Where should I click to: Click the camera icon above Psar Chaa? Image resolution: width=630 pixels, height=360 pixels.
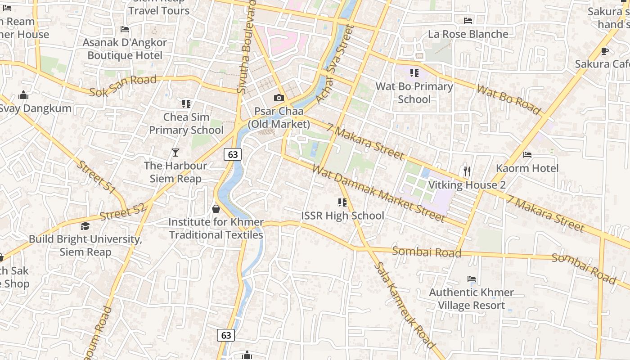click(x=279, y=98)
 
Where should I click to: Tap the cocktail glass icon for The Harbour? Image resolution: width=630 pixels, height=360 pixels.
click(x=175, y=153)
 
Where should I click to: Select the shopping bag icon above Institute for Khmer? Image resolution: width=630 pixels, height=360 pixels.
click(x=216, y=209)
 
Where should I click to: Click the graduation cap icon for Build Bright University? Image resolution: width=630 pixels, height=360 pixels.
click(x=85, y=226)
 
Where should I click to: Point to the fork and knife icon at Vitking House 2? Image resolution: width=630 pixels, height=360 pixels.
click(x=467, y=171)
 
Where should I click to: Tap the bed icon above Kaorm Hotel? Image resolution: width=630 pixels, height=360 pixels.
click(x=527, y=155)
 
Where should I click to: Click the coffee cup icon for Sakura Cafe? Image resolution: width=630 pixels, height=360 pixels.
click(x=604, y=51)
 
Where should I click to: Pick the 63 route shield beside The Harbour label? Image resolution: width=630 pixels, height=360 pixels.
click(x=233, y=154)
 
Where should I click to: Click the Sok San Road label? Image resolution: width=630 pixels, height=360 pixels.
click(x=122, y=86)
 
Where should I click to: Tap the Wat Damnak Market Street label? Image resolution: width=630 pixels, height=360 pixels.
click(x=378, y=194)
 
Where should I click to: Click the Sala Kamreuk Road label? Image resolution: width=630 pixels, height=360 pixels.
click(x=404, y=305)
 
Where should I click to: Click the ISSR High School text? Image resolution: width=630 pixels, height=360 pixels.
click(x=342, y=216)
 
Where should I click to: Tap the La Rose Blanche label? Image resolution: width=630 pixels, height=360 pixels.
click(x=468, y=34)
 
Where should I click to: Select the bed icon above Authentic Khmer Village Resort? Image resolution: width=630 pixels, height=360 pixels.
click(x=472, y=279)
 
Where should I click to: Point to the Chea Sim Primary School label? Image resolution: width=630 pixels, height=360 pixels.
click(x=186, y=124)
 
